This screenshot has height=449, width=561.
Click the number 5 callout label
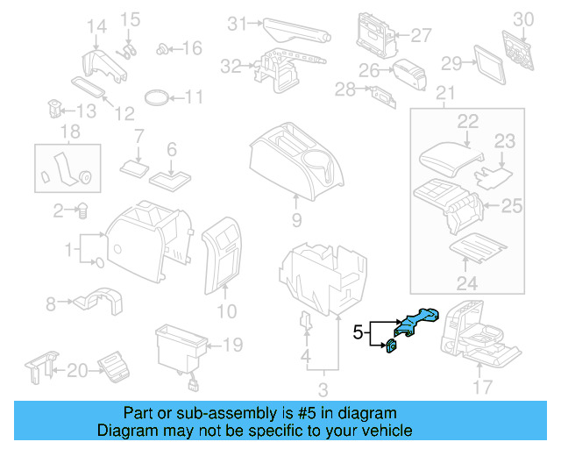[x=358, y=333]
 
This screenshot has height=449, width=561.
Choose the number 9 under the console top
[x=296, y=219]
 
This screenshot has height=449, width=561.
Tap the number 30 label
[x=522, y=18]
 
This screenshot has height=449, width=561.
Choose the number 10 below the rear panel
[x=226, y=310]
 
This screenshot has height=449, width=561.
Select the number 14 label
[x=95, y=25]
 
